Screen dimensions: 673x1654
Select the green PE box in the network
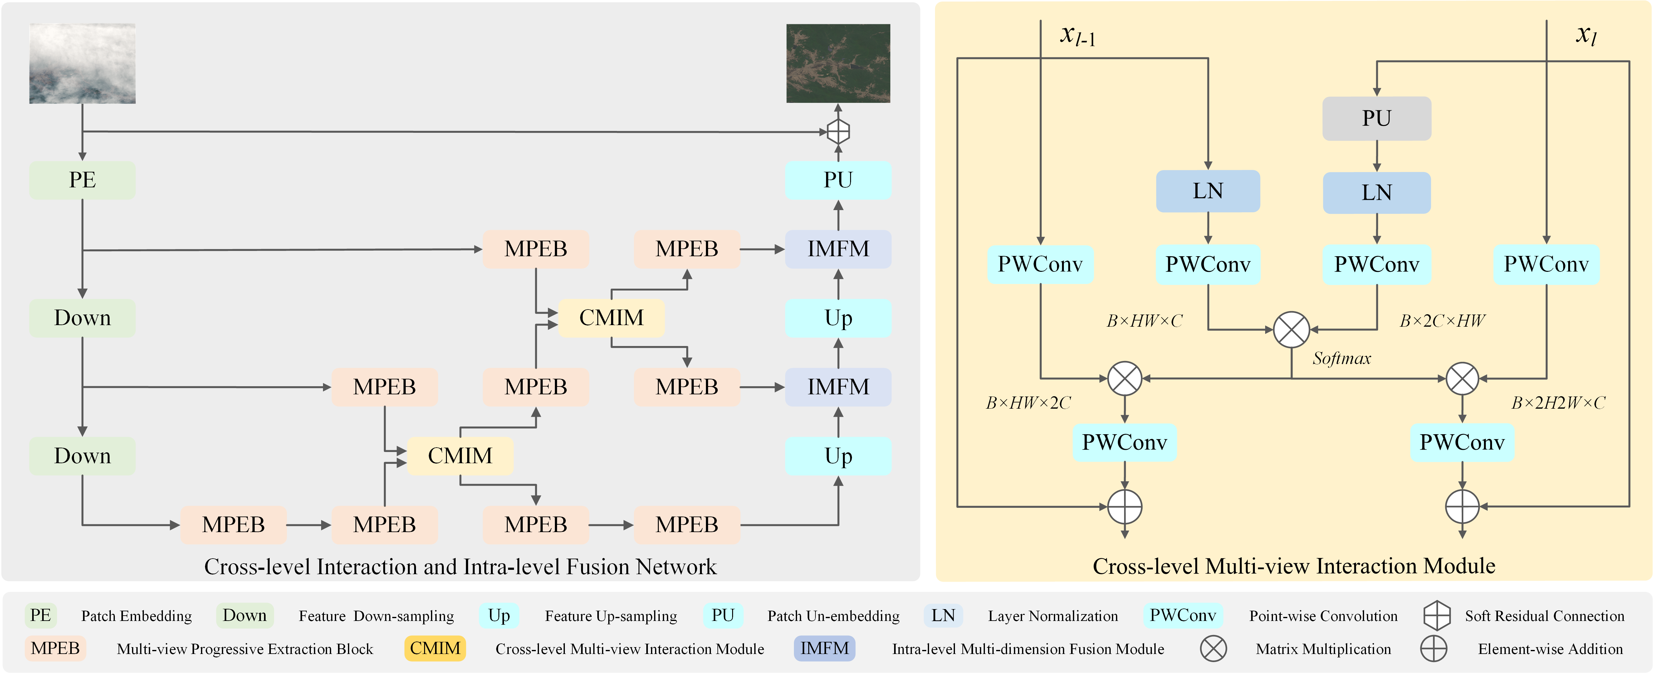pyautogui.click(x=82, y=180)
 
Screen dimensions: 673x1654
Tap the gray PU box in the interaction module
pyautogui.click(x=1376, y=118)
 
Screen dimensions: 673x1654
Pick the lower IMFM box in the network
pyautogui.click(x=838, y=387)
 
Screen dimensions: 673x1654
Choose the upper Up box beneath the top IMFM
pyautogui.click(x=838, y=318)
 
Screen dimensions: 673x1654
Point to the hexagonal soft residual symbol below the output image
pyautogui.click(x=838, y=132)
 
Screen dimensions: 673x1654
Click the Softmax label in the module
pyautogui.click(x=1341, y=358)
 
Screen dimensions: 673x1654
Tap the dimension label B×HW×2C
pyautogui.click(x=1028, y=403)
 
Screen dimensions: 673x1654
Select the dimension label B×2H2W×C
pyautogui.click(x=1558, y=403)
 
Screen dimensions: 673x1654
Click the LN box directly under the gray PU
pyautogui.click(x=1376, y=192)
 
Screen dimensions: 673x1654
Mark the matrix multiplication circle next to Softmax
pyautogui.click(x=1291, y=330)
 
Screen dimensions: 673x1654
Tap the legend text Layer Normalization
pyautogui.click(x=1052, y=616)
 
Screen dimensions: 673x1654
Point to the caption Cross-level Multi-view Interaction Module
pyautogui.click(x=1293, y=566)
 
